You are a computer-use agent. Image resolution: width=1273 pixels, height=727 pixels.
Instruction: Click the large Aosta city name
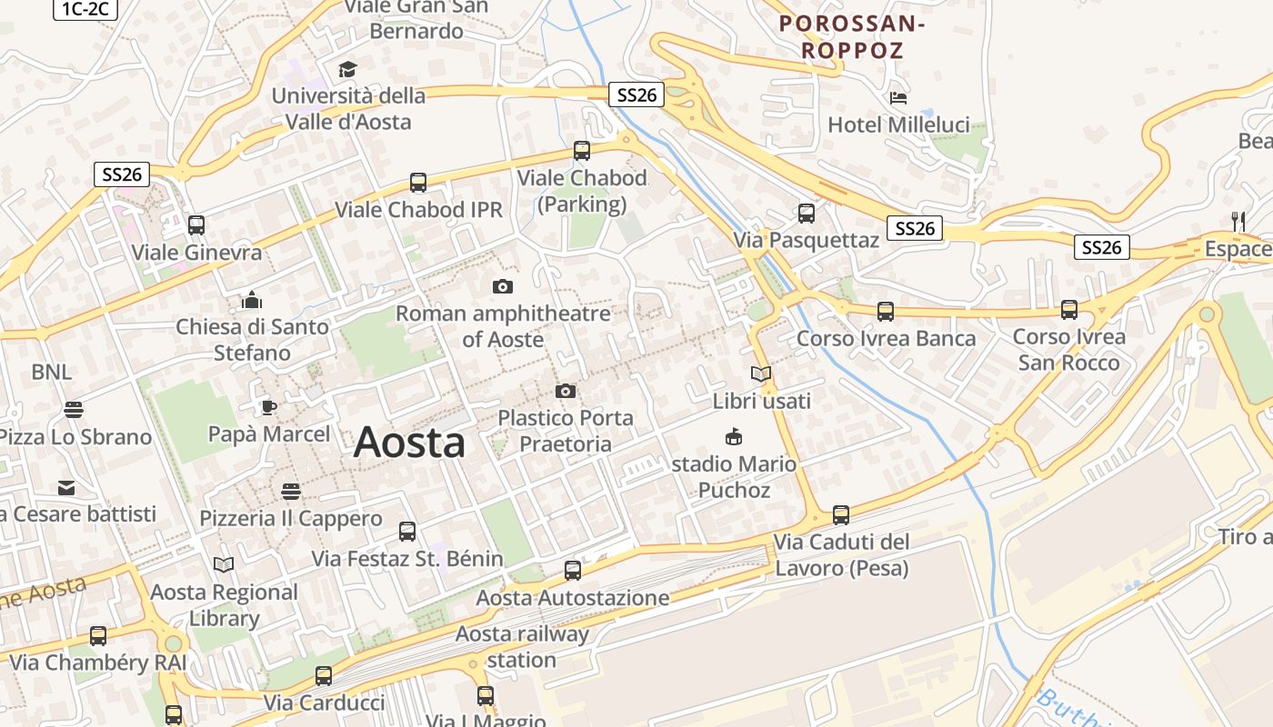click(409, 443)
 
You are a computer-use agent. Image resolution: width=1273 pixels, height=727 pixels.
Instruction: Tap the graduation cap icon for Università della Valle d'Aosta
click(346, 69)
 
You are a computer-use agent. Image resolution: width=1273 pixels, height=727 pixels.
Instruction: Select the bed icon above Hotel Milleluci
click(898, 98)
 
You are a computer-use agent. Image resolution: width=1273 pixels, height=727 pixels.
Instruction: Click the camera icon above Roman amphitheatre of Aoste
click(502, 287)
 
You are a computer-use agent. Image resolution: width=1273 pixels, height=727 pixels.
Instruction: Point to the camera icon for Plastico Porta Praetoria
click(565, 392)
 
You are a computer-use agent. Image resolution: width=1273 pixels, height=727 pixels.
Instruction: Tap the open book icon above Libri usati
click(761, 373)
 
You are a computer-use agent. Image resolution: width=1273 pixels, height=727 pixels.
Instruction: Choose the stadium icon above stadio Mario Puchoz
click(733, 437)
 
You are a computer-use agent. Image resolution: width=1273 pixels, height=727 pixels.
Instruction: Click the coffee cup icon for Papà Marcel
click(268, 406)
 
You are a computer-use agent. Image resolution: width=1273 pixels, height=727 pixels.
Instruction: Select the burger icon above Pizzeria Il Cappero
click(291, 492)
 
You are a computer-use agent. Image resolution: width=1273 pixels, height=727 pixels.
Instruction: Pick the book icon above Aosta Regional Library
click(224, 565)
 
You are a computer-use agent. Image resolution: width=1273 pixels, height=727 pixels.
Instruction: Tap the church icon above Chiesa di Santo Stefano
click(252, 299)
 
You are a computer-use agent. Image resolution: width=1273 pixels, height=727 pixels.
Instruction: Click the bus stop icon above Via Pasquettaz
click(807, 214)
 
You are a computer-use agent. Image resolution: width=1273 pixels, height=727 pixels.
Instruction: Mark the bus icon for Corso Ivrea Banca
click(886, 312)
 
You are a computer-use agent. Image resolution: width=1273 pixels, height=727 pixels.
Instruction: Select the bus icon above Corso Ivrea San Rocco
click(1069, 310)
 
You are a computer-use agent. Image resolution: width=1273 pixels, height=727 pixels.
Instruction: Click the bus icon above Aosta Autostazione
click(573, 571)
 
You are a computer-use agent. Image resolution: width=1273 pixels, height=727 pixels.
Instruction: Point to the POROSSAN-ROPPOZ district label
click(852, 37)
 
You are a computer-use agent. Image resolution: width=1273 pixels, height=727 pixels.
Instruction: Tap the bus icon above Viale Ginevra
click(196, 225)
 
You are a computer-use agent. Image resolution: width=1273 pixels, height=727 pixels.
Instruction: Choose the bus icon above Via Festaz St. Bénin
click(407, 532)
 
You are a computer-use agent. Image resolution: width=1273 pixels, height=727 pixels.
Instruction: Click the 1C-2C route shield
click(85, 8)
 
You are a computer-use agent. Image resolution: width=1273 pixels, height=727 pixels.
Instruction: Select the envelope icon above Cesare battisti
click(66, 488)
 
